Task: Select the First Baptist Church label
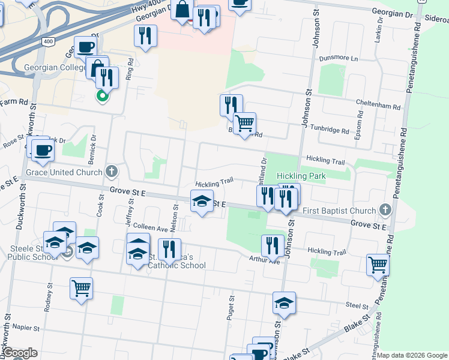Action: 339,211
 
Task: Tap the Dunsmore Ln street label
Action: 338,59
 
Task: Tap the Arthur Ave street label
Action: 265,260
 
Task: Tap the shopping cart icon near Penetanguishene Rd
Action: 378,264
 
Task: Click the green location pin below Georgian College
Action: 102,95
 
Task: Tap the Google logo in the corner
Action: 20,353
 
